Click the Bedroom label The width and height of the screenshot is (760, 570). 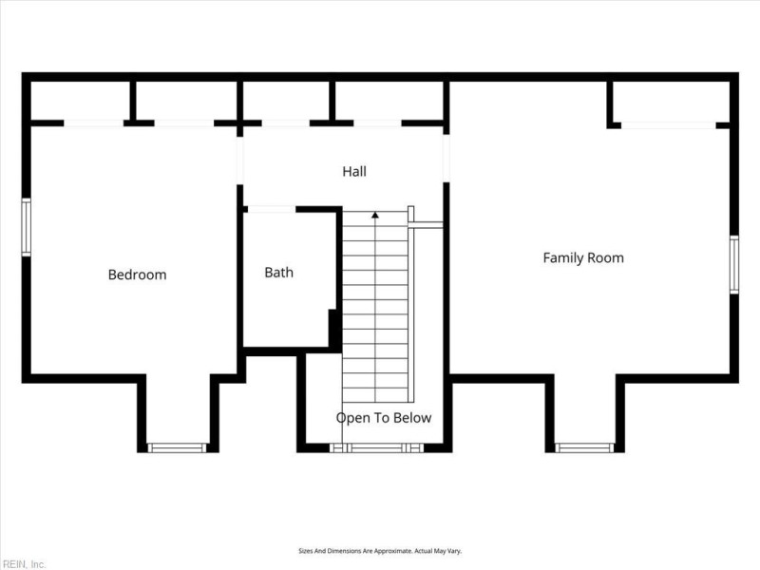click(x=137, y=275)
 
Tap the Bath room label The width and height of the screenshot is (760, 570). click(x=278, y=273)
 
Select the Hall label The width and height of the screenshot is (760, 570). click(x=354, y=171)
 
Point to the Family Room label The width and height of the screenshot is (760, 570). click(x=583, y=257)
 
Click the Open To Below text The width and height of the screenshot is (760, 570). click(x=384, y=418)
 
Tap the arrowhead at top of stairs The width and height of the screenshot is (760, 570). click(x=375, y=215)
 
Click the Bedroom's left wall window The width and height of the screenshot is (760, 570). click(x=27, y=227)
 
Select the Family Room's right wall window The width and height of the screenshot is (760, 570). click(x=734, y=264)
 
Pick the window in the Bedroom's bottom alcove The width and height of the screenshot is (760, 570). click(x=177, y=447)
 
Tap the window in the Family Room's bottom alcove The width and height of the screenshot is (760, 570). click(x=584, y=447)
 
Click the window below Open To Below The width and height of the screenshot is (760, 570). click(x=376, y=447)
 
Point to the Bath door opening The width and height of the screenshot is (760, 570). click(x=272, y=209)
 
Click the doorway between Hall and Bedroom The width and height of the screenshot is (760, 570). click(x=239, y=161)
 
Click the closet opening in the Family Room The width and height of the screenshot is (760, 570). click(x=669, y=125)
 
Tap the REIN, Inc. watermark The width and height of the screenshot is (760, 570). click(x=23, y=564)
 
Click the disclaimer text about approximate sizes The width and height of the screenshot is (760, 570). click(x=380, y=551)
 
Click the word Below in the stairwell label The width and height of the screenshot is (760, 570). click(x=412, y=418)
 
